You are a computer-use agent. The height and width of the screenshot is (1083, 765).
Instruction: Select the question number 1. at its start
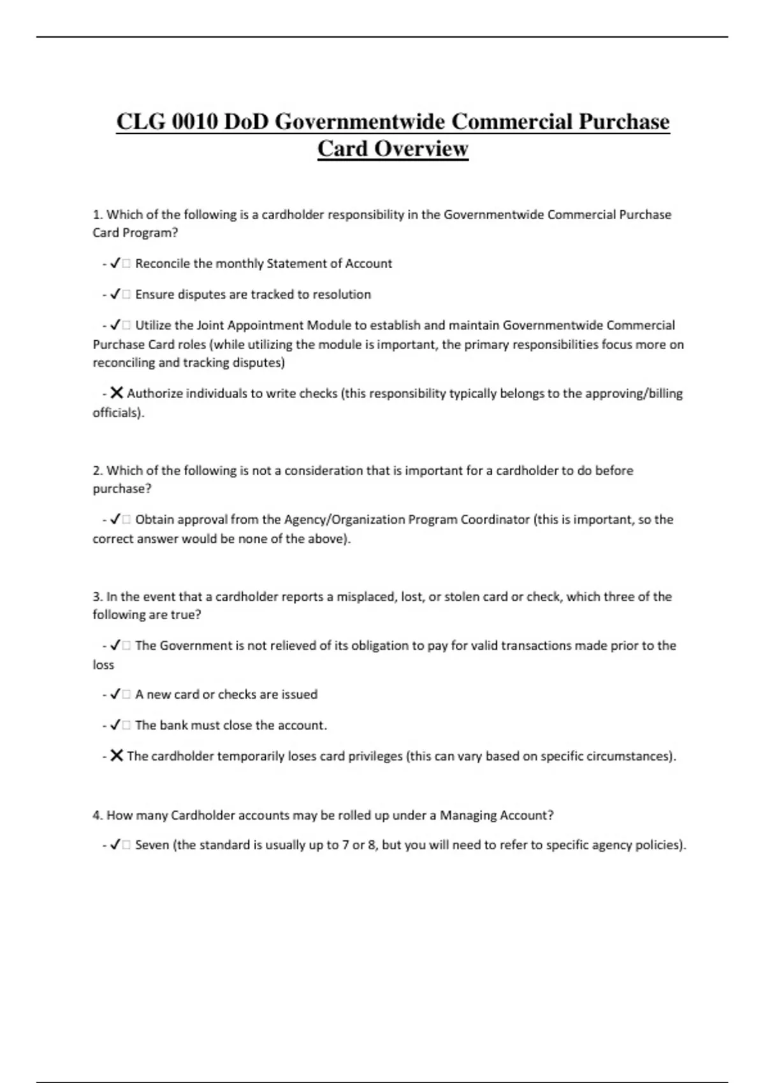pyautogui.click(x=98, y=215)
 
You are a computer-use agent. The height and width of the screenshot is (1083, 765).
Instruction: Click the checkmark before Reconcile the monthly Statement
pyautogui.click(x=115, y=264)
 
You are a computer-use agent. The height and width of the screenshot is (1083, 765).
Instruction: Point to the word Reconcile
pyautogui.click(x=161, y=264)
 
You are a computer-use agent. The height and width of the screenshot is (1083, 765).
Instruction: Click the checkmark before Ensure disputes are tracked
pyautogui.click(x=115, y=294)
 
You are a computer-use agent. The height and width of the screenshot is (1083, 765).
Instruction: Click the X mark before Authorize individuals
pyautogui.click(x=116, y=393)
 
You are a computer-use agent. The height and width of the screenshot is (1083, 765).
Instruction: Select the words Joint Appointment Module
pyautogui.click(x=273, y=326)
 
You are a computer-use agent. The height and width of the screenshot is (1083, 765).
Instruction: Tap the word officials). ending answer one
pyautogui.click(x=119, y=412)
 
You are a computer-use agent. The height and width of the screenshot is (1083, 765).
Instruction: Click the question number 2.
pyautogui.click(x=98, y=471)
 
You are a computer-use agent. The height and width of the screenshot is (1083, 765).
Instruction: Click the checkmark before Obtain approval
pyautogui.click(x=115, y=520)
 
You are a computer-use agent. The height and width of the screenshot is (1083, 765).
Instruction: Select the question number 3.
pyautogui.click(x=98, y=597)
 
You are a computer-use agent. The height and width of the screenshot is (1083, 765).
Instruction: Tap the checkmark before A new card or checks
pyautogui.click(x=115, y=694)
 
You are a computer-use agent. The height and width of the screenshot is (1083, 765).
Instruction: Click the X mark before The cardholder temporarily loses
pyautogui.click(x=116, y=756)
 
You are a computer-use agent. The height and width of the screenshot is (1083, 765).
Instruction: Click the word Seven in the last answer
pyautogui.click(x=152, y=845)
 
